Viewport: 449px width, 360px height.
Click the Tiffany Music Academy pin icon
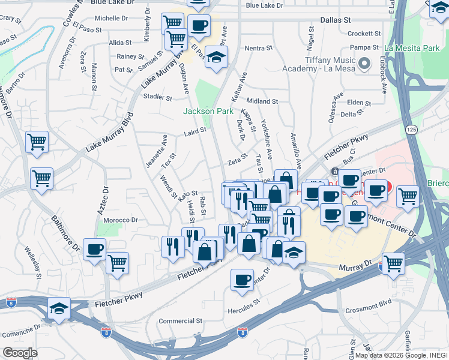coord(364,62)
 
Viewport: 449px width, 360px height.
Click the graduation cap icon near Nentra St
coord(216,58)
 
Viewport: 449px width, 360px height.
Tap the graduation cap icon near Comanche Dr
coord(59,309)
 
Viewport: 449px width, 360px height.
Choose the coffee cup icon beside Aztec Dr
coord(95,250)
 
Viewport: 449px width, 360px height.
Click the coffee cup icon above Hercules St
coord(242,280)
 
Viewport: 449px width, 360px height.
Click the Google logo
coord(20,352)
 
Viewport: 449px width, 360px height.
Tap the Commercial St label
coord(181,321)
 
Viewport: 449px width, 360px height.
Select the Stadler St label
coord(157,97)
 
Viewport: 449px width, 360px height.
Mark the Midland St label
coord(262,101)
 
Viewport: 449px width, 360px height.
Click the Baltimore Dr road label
coord(64,232)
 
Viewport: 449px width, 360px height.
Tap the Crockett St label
coord(361,34)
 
